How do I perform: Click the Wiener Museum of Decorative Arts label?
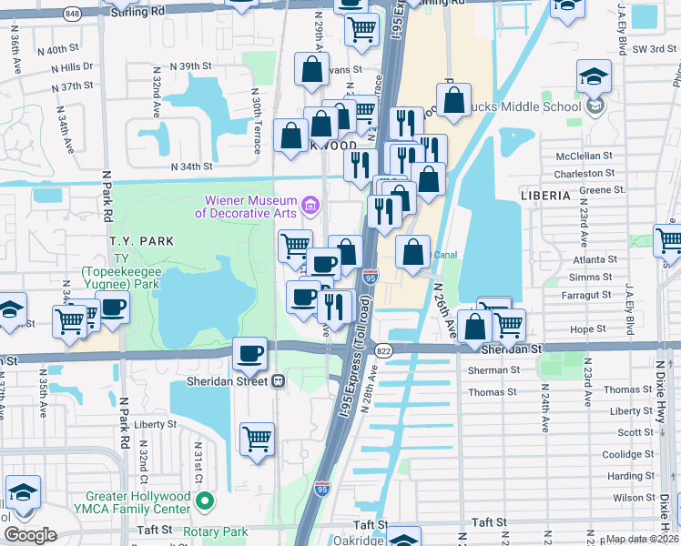(x=245, y=207)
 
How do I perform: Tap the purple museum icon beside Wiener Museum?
(x=310, y=204)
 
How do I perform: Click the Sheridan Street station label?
(x=229, y=380)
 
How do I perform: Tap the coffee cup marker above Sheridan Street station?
(x=249, y=354)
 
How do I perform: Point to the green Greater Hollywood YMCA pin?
(x=206, y=501)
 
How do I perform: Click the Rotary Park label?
(x=216, y=531)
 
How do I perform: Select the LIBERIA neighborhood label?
(x=544, y=196)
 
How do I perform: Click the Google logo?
(x=30, y=535)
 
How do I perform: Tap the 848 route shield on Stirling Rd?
(x=73, y=14)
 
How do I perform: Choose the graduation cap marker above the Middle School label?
(x=594, y=78)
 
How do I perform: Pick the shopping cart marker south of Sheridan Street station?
(x=258, y=440)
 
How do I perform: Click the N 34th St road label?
(x=191, y=167)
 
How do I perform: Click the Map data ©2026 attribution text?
(x=642, y=539)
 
